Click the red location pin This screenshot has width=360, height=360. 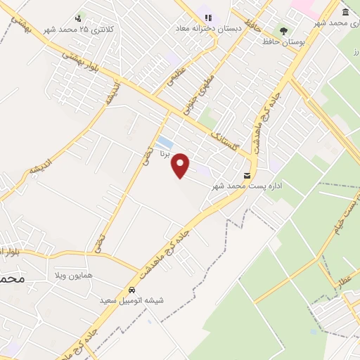[181, 165]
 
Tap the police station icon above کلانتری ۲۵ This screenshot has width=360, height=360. [78, 18]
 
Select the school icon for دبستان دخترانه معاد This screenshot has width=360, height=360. [207, 16]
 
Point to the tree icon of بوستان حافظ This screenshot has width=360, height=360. [283, 31]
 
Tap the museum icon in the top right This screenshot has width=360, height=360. [345, 13]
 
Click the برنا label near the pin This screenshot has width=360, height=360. [164, 153]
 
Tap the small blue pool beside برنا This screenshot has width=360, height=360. [165, 141]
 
